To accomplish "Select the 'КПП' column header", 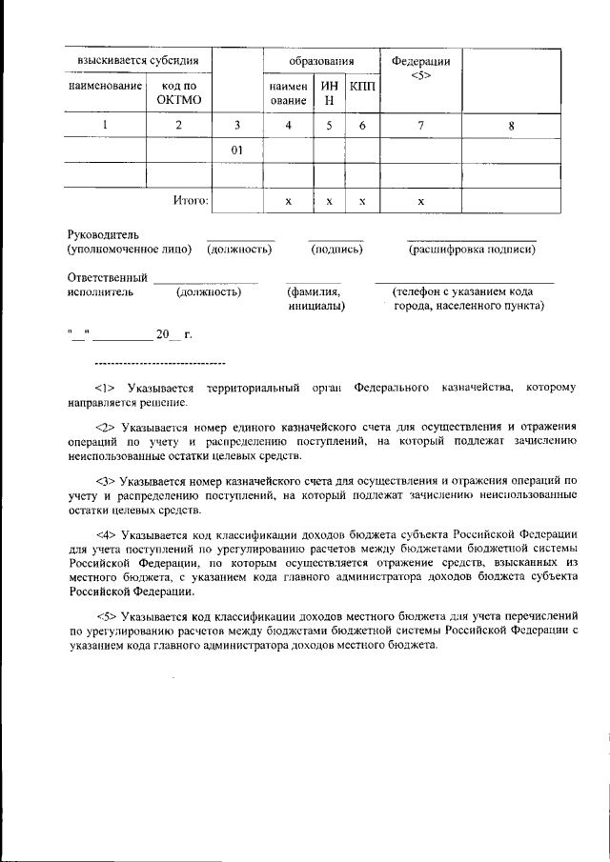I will click(x=362, y=86).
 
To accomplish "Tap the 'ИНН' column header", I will click(x=329, y=92).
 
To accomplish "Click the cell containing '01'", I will click(x=236, y=150).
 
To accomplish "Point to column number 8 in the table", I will click(x=511, y=125).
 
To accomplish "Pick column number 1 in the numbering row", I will click(x=105, y=125).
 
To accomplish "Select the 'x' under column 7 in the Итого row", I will click(x=420, y=201).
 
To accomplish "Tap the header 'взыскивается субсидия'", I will click(x=137, y=61).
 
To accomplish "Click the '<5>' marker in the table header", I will click(x=420, y=76).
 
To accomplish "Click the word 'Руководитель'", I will click(x=103, y=234).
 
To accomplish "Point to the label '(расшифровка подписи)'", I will click(x=472, y=250).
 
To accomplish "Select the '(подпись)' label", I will click(x=336, y=250).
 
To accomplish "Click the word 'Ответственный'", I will click(x=107, y=277).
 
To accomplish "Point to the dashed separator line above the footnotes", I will click(x=160, y=364).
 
